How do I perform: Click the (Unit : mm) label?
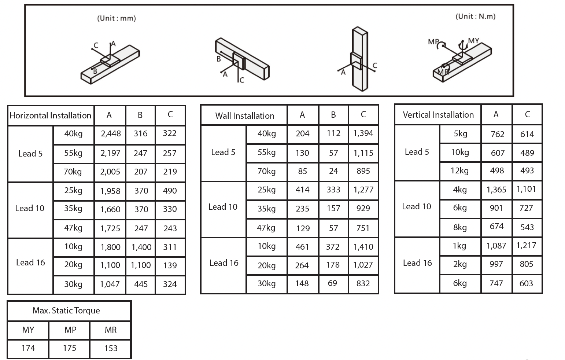[116, 18]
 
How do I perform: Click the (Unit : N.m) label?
[475, 16]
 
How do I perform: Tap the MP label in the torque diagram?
[433, 42]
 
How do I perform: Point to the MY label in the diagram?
[473, 41]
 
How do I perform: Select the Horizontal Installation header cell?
[51, 115]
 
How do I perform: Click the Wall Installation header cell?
[244, 116]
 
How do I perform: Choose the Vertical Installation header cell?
[438, 115]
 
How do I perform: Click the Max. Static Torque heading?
[66, 311]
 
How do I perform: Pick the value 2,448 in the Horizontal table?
[110, 133]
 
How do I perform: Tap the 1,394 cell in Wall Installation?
[363, 133]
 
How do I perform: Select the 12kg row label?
[459, 171]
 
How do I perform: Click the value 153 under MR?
[111, 348]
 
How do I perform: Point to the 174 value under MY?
[28, 348]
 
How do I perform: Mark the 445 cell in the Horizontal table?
[141, 284]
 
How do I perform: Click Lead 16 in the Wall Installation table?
[224, 263]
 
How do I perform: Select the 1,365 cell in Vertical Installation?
[496, 190]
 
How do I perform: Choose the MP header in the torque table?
[70, 330]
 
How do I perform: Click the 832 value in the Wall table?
[363, 283]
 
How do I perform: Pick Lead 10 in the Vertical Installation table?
[416, 206]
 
